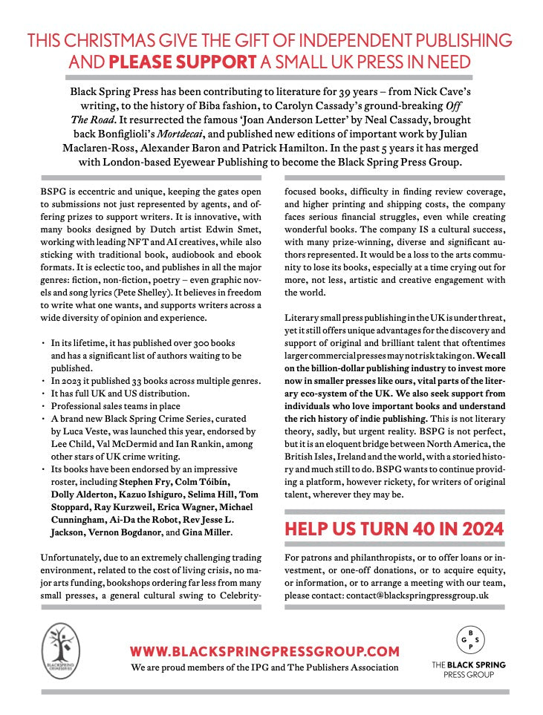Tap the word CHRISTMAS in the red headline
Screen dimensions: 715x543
(x=110, y=40)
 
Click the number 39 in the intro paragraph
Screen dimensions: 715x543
(x=336, y=91)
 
